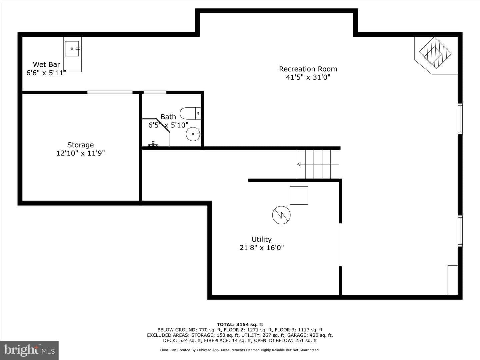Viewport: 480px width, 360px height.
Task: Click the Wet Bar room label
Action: [46, 64]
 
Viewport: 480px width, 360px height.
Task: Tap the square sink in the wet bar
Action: [72, 49]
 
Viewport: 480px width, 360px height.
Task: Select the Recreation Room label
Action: [308, 69]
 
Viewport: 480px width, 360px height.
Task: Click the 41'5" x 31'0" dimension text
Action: [308, 77]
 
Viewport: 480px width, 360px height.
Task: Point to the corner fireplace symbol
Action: [435, 53]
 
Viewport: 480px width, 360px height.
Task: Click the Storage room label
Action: [80, 145]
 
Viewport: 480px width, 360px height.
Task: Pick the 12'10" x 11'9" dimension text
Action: [80, 153]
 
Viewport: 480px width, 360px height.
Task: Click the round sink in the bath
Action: [193, 134]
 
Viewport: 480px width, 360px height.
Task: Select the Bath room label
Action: [168, 117]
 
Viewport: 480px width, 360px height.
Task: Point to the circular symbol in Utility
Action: [281, 215]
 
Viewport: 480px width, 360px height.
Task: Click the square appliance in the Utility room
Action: [299, 195]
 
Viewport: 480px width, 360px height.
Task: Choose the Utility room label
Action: [262, 239]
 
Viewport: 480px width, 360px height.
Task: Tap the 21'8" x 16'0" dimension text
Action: [262, 248]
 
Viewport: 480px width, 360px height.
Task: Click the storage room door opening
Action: [110, 92]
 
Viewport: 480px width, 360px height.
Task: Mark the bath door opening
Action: [155, 92]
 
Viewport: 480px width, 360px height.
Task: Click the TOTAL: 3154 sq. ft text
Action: [240, 325]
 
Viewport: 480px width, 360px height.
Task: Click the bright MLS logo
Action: [29, 350]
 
